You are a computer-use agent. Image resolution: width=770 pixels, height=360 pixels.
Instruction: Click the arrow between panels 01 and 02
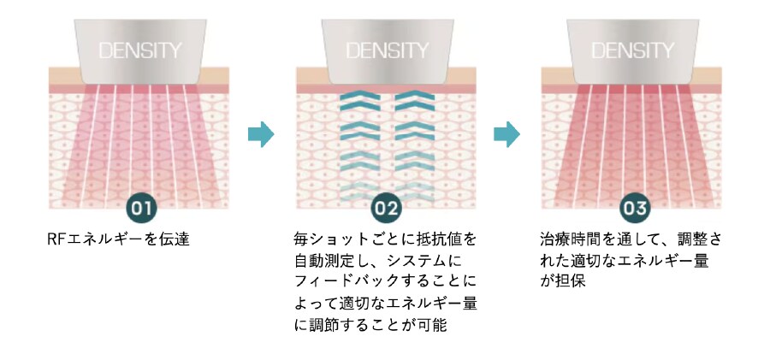point(260,134)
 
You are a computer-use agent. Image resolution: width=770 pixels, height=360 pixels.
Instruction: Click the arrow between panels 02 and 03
point(507,134)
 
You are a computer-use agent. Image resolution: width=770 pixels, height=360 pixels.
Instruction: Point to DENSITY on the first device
point(139,50)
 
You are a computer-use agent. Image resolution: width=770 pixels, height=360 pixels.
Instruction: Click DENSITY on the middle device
point(386,50)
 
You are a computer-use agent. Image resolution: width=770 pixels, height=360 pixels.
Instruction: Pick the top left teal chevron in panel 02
point(358,101)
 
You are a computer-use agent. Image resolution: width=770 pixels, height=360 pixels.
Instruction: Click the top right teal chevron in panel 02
point(413,101)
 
